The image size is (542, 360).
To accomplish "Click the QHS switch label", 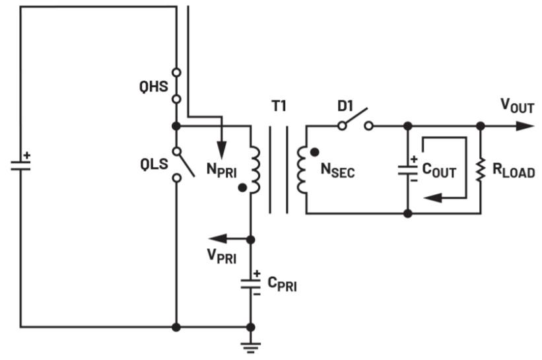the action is pyautogui.click(x=153, y=87).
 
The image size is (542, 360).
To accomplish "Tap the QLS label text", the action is pyautogui.click(x=154, y=164).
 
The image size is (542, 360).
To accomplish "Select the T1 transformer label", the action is pyautogui.click(x=279, y=106).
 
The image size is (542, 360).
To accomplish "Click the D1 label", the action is pyautogui.click(x=345, y=106).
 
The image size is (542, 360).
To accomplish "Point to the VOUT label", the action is pyautogui.click(x=518, y=105).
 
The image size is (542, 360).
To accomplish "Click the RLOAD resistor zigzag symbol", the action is pyautogui.click(x=481, y=170).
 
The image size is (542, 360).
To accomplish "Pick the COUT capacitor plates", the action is pyautogui.click(x=408, y=170).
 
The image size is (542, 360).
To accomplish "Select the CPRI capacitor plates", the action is pyautogui.click(x=251, y=283).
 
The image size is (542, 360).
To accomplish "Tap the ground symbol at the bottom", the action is pyautogui.click(x=251, y=347).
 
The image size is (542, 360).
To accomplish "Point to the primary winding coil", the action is pyautogui.click(x=255, y=170).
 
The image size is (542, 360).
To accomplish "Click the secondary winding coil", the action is pyautogui.click(x=302, y=170).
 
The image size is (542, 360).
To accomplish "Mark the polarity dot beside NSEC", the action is pyautogui.click(x=314, y=151).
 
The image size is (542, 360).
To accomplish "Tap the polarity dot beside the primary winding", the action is pyautogui.click(x=243, y=188).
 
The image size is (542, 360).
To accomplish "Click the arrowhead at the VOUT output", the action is pyautogui.click(x=525, y=126).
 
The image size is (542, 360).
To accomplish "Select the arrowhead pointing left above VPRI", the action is pyautogui.click(x=218, y=238).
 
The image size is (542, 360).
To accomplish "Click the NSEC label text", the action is pyautogui.click(x=338, y=170).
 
